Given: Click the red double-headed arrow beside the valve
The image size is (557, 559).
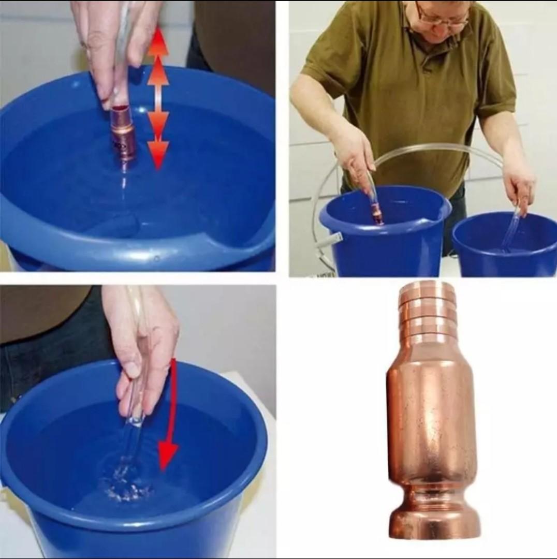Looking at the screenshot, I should click(x=158, y=98).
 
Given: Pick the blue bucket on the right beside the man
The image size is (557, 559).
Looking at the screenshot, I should click(x=505, y=246).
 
